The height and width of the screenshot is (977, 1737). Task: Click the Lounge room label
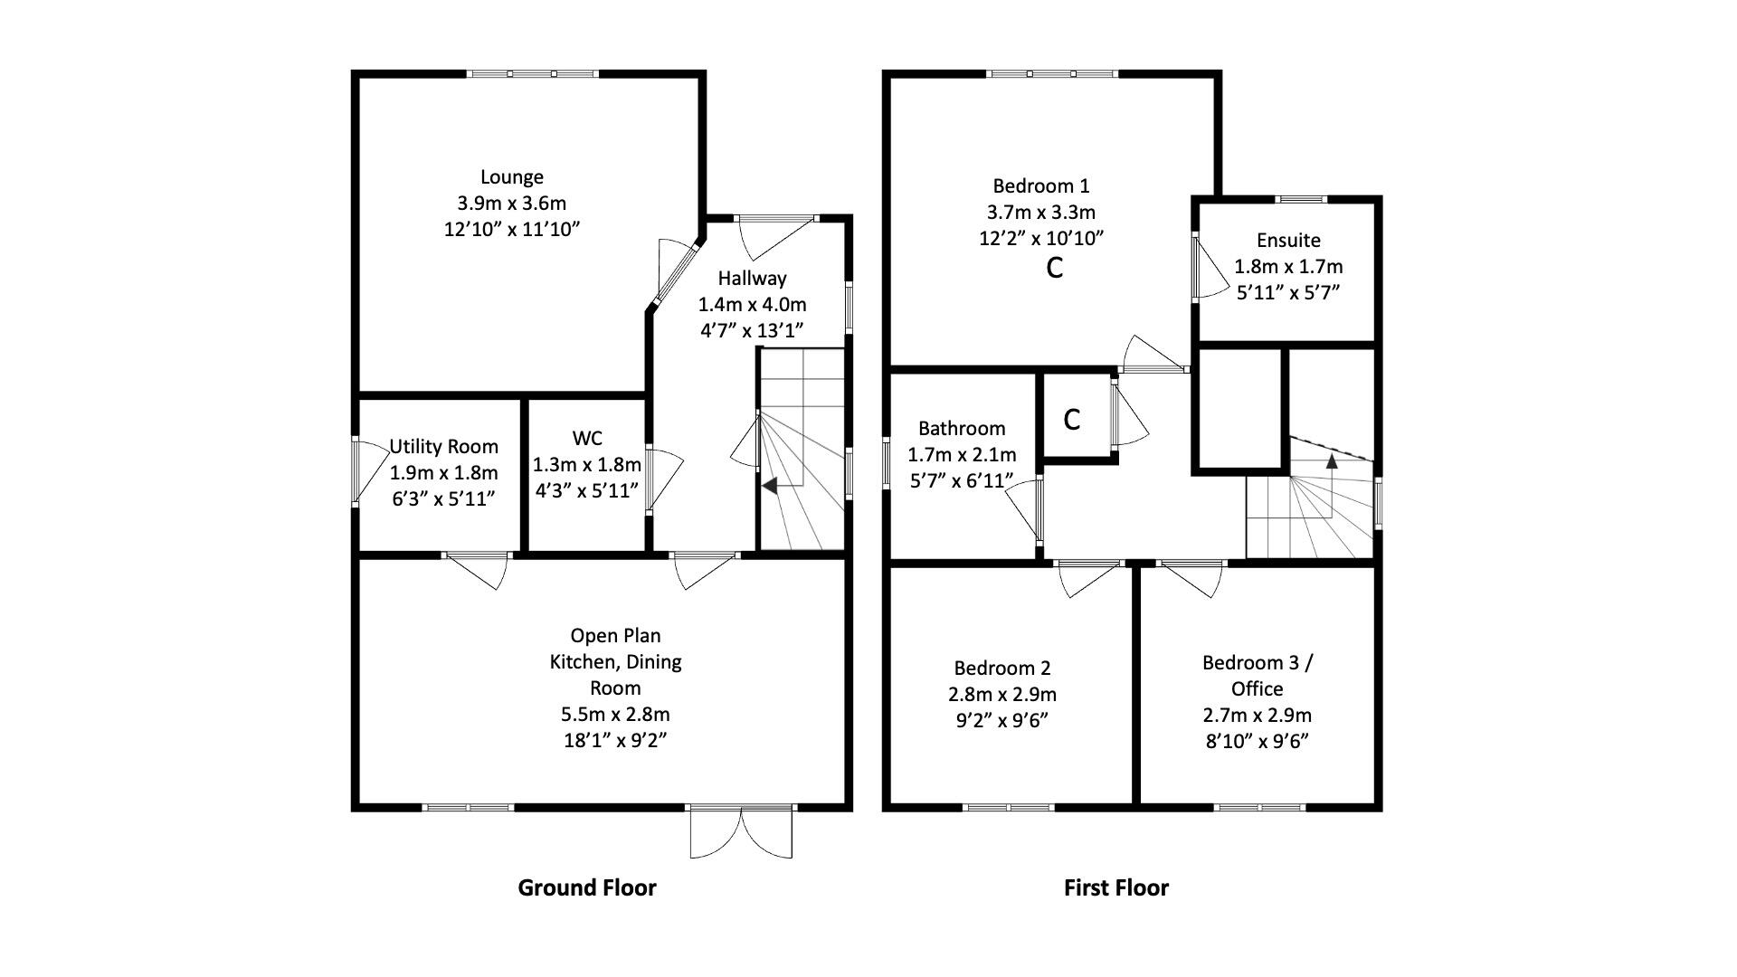pos(511,177)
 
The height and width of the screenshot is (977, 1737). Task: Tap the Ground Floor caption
pos(586,887)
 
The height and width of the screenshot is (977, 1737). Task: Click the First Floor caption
pos(1115,887)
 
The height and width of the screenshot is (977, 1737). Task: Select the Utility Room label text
pos(443,446)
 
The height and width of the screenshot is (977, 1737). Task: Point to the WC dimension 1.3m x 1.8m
pos(586,465)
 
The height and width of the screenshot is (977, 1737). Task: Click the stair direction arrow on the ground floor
pos(769,486)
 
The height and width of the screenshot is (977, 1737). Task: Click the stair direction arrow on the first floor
pos(1332,460)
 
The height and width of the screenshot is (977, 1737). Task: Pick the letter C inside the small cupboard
pos(1072,420)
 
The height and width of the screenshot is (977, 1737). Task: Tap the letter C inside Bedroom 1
pos(1054,268)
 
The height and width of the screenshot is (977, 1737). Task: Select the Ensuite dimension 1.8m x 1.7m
pos(1288,267)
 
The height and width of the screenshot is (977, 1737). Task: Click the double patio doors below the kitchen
pos(741,832)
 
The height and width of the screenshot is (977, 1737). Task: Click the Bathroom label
pos(962,428)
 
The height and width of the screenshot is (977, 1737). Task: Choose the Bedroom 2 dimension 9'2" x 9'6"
pos(1002,721)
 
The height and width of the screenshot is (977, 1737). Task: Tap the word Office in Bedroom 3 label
pos(1257,688)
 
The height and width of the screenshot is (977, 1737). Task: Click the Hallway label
pos(752,278)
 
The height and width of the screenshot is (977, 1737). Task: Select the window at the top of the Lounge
pos(532,74)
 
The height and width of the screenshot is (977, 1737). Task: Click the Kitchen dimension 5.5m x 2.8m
pos(615,714)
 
